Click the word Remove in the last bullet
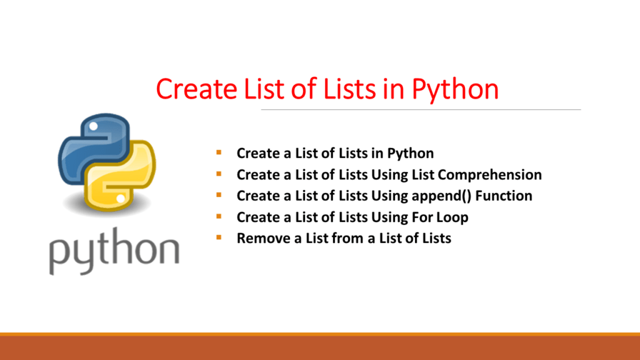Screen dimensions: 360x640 point(259,238)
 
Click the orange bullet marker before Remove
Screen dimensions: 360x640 point(218,237)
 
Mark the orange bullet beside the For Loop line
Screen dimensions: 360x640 point(218,216)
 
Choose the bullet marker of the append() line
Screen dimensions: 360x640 point(218,195)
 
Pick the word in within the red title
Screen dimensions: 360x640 point(394,89)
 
